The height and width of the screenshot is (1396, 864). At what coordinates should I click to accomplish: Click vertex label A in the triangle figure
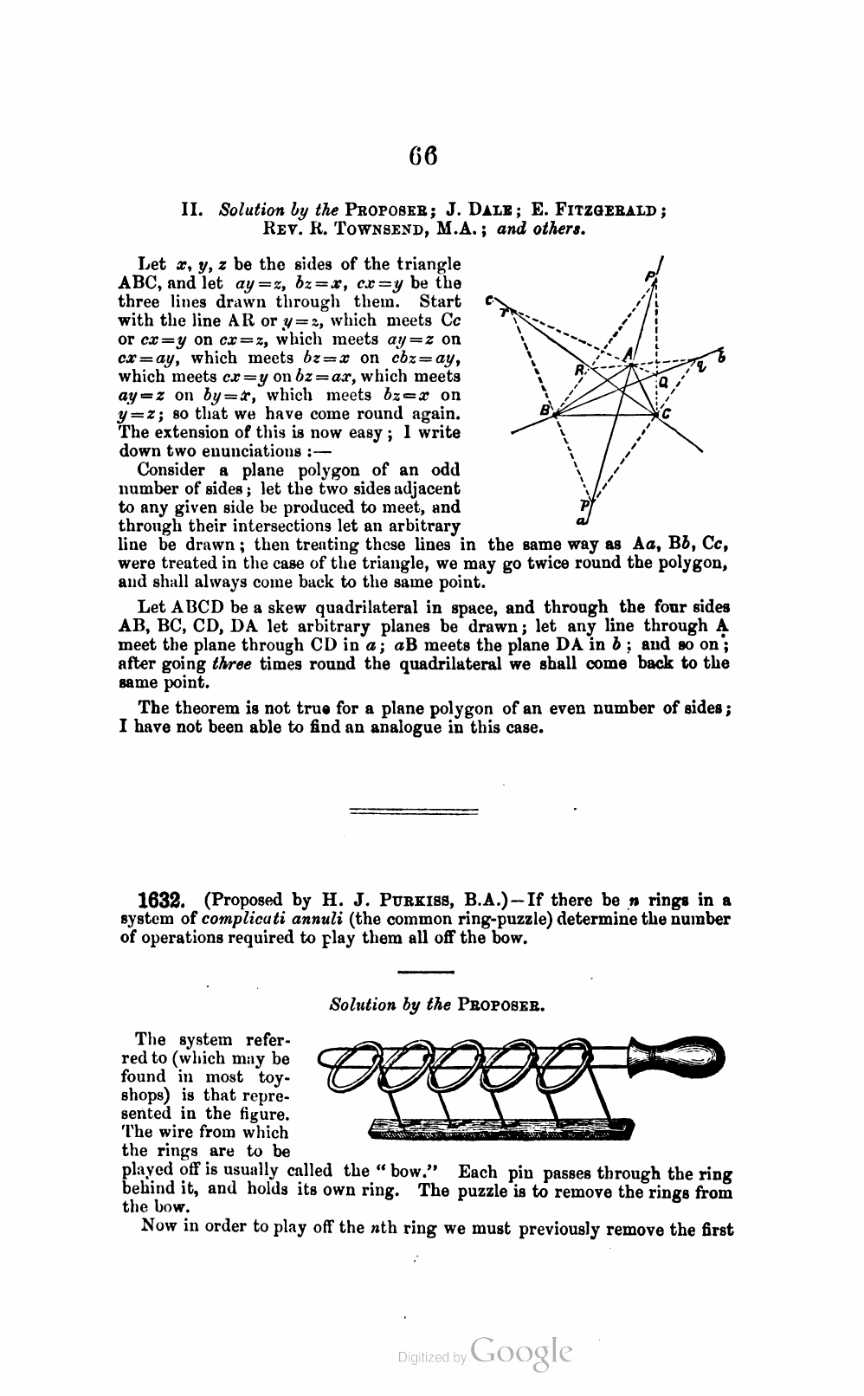(x=628, y=352)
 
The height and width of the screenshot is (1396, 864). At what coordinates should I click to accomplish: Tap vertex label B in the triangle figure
(x=545, y=410)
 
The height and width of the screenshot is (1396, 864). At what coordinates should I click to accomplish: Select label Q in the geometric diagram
(x=663, y=382)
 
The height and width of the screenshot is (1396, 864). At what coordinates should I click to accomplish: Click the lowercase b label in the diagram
(x=721, y=357)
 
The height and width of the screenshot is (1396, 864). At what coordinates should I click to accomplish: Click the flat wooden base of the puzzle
(x=501, y=1128)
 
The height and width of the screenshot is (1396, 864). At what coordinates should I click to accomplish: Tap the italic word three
(x=230, y=664)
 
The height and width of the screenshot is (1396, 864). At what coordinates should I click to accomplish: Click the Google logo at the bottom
(x=522, y=1351)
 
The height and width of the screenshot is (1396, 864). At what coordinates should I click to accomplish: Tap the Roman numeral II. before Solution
(x=191, y=210)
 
